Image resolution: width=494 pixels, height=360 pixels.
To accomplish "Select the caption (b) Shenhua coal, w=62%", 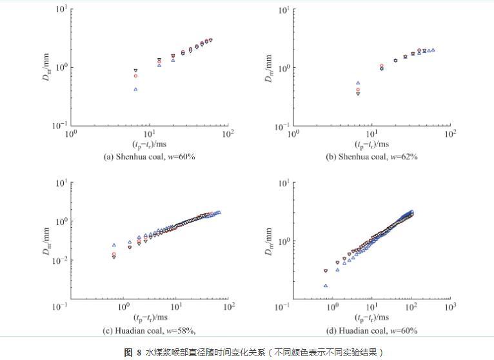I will click(371, 156).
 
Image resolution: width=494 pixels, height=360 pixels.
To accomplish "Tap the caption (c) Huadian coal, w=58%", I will click(148, 330).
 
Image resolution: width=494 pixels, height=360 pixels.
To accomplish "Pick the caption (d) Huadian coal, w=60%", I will click(370, 330).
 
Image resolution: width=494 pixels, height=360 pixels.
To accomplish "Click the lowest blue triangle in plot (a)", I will click(135, 89).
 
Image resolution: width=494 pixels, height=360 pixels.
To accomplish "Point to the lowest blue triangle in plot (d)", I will click(326, 285).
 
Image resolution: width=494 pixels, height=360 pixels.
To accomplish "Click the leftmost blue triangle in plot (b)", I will click(358, 83).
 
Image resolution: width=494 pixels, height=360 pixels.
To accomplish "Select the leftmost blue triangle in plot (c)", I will click(114, 245).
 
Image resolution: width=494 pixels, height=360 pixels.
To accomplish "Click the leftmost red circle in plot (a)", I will click(135, 75).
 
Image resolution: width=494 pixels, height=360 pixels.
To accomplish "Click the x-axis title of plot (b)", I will click(370, 144).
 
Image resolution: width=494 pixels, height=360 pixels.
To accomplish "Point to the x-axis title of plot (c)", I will click(150, 317).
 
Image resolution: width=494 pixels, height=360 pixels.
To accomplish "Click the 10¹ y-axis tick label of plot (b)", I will click(283, 10).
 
